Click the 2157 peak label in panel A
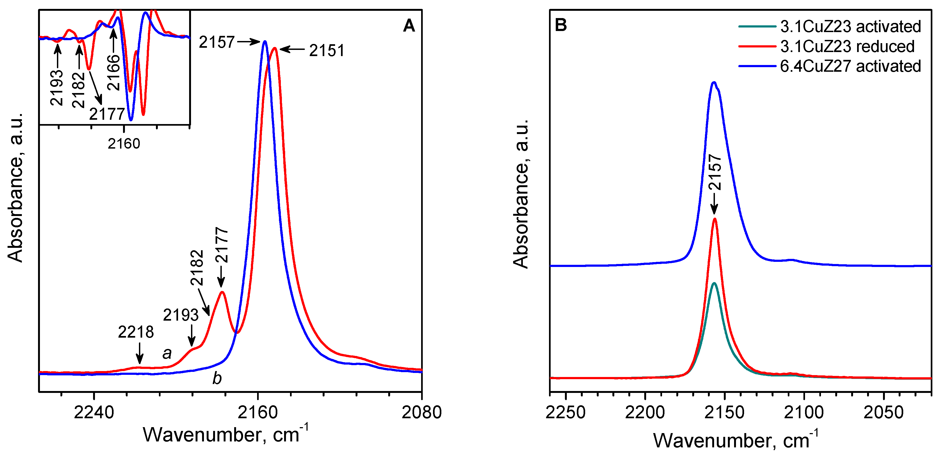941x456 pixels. point(217,42)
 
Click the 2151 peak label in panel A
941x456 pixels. point(327,50)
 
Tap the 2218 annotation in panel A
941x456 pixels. point(136,332)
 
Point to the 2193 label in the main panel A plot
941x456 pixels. point(180,315)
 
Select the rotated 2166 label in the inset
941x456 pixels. point(114,73)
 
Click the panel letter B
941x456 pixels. point(561,25)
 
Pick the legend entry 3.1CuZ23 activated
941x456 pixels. point(850,26)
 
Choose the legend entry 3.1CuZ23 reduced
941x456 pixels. point(847,46)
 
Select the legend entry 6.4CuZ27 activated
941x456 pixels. point(850,66)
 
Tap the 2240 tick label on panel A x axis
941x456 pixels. point(94,412)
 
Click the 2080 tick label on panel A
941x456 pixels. point(422,412)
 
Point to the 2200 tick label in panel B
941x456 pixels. point(645,412)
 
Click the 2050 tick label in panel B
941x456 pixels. point(883,412)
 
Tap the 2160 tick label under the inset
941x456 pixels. point(124,143)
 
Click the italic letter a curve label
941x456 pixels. point(167,353)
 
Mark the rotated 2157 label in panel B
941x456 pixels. point(715,172)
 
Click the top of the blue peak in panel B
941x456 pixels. point(714,82)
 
